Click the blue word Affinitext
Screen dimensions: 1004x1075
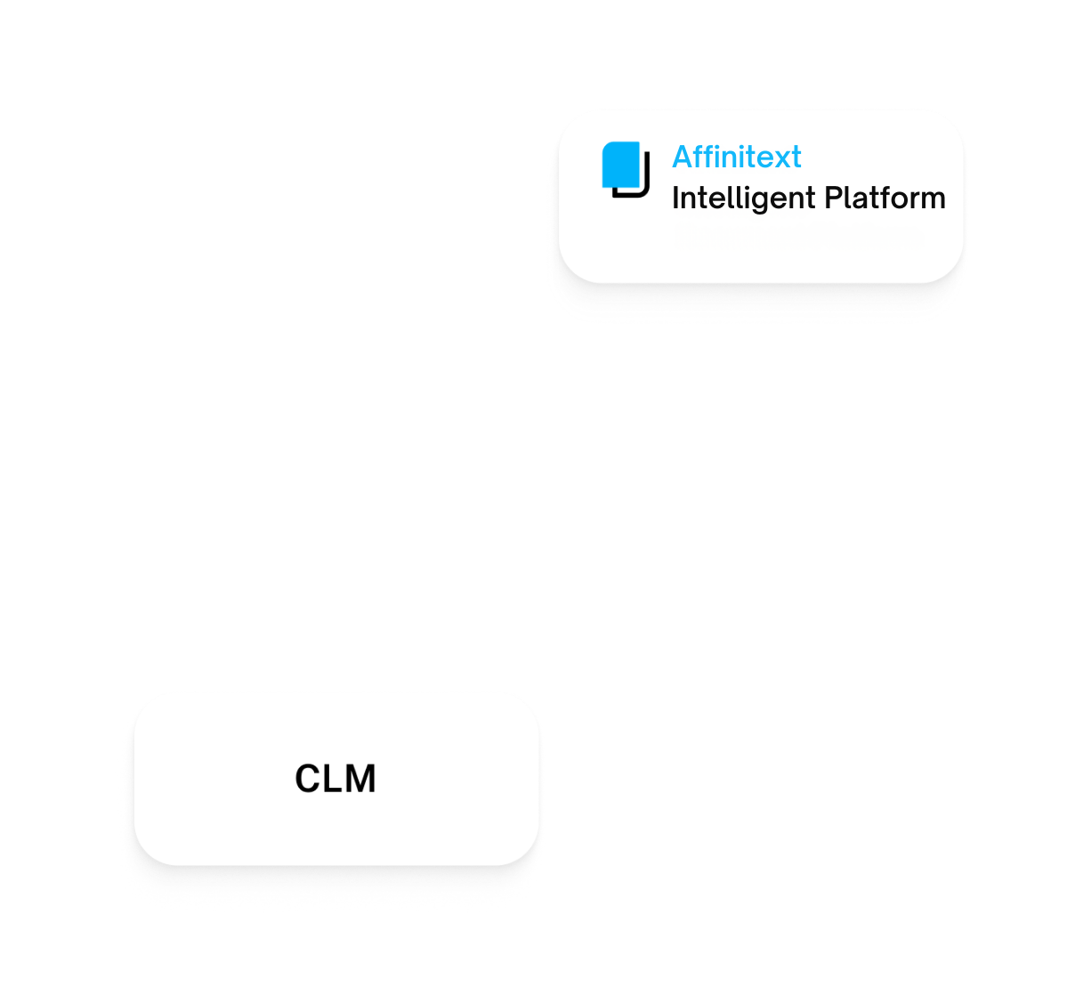[x=736, y=158]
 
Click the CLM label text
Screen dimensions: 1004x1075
[x=335, y=779]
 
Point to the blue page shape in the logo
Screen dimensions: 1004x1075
[x=621, y=164]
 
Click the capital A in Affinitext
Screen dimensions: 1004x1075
[x=683, y=158]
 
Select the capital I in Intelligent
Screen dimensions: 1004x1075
[x=675, y=198]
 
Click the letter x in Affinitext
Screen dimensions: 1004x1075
[x=780, y=158]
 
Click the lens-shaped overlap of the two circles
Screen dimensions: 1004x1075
[x=529, y=490]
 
